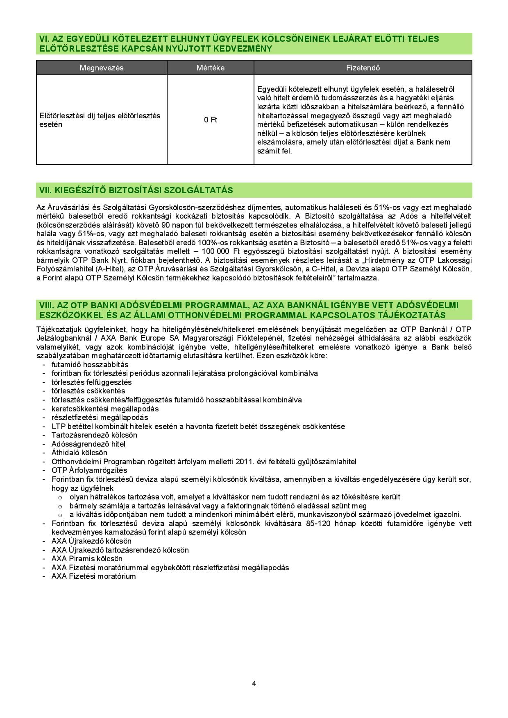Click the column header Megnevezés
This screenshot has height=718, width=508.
pos(101,68)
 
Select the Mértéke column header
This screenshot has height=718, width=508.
pos(210,68)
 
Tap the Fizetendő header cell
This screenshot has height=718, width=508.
pos(363,68)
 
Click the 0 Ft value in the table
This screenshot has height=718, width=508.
pos(210,120)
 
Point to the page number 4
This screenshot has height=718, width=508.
pos(254,683)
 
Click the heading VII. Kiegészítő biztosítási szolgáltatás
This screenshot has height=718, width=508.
pos(136,190)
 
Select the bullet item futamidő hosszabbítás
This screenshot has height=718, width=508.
pos(90,364)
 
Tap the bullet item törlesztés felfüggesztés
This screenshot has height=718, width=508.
pos(91,382)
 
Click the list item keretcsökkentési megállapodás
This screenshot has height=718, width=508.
pos(105,409)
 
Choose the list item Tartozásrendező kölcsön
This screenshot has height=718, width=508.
pos(94,435)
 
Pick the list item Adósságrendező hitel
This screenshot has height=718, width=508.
pos(88,444)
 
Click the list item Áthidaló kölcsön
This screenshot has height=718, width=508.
pos(79,452)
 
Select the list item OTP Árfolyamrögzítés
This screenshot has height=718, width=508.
pos(89,470)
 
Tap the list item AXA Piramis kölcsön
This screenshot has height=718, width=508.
pos(87,558)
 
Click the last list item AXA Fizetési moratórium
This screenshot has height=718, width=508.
pos(93,576)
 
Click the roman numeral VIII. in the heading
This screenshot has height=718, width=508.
pos(47,305)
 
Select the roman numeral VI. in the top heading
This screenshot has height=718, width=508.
pos(44,39)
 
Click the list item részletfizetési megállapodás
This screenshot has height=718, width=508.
pos(100,418)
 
